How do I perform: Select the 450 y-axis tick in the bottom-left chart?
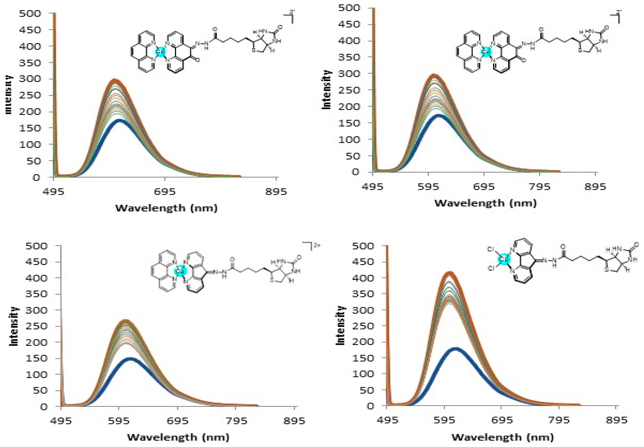pos(40,262)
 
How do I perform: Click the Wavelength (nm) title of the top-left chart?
pos(166,208)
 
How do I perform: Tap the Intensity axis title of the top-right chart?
pos(326,89)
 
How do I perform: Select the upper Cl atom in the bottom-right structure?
pos(490,249)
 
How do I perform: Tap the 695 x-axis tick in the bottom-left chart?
pos(178,421)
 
